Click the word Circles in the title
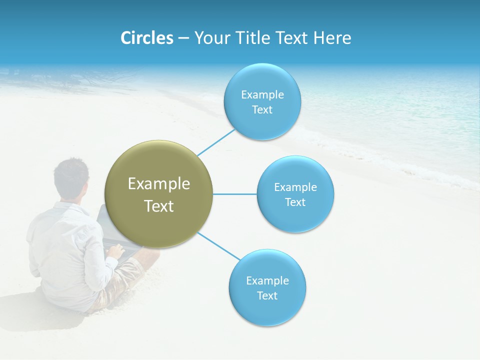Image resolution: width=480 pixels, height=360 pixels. pyautogui.click(x=146, y=38)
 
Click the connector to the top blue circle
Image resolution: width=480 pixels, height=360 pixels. pyautogui.click(x=216, y=142)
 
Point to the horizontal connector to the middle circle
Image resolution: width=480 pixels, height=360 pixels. pyautogui.click(x=234, y=194)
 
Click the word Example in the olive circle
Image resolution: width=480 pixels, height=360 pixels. pyautogui.click(x=158, y=184)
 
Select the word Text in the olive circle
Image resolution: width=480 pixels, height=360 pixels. pyautogui.click(x=158, y=206)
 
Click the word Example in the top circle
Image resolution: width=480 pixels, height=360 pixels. pyautogui.click(x=262, y=95)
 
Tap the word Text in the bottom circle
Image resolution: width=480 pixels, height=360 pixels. pyautogui.click(x=267, y=296)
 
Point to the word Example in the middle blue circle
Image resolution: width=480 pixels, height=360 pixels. pyautogui.click(x=295, y=187)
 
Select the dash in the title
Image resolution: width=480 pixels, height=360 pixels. pyautogui.click(x=183, y=38)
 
